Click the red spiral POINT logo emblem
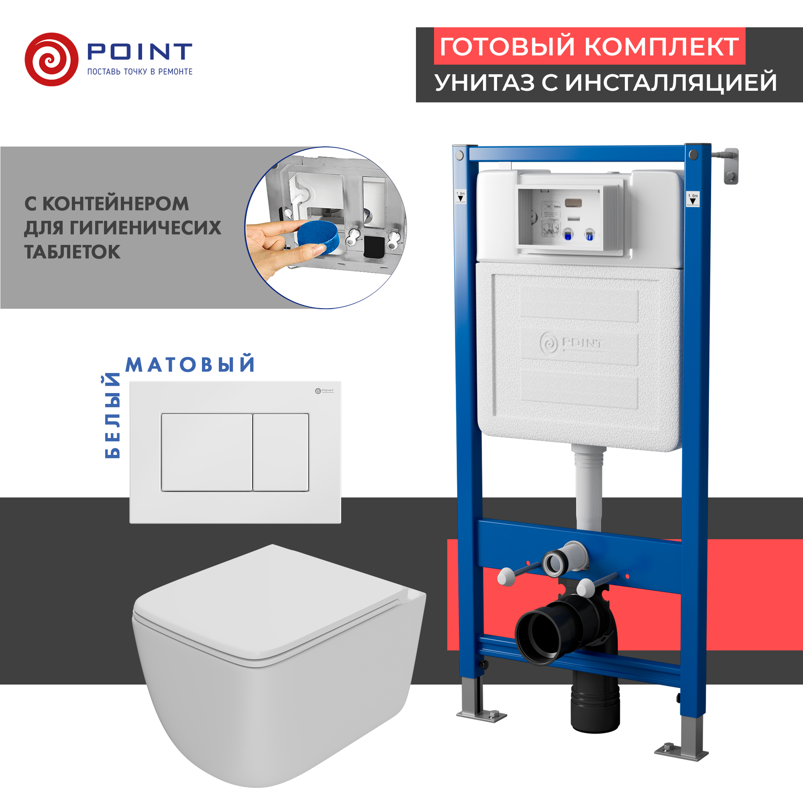point(51,59)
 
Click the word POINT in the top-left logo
point(139,51)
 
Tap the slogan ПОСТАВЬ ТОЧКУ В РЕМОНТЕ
point(140,72)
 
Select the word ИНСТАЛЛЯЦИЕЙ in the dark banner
point(671,82)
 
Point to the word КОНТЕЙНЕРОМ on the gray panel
point(116,204)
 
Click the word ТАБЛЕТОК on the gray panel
point(72,252)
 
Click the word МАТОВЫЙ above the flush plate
point(190,365)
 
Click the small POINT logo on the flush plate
point(324,391)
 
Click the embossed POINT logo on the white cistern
point(571,343)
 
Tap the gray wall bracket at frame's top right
point(730,165)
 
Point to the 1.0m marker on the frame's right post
point(693,199)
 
